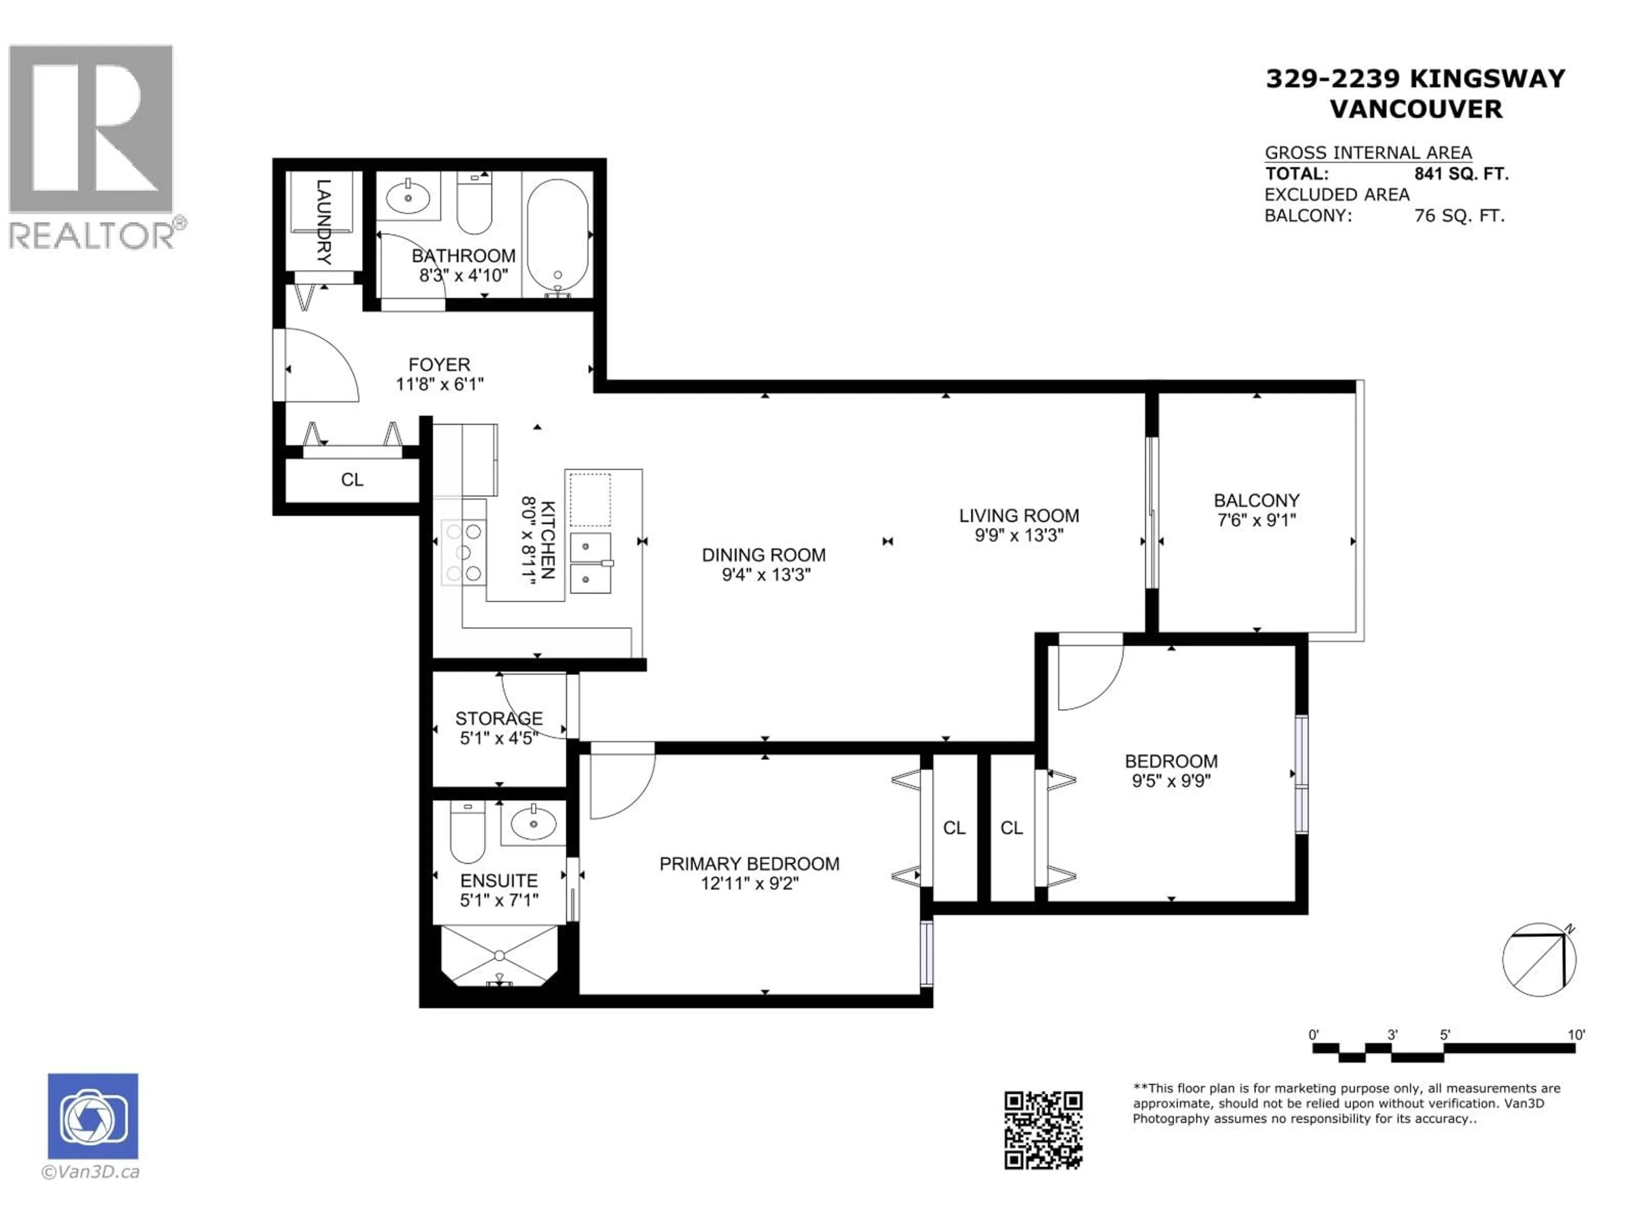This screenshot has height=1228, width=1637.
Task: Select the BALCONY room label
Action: [x=1256, y=501]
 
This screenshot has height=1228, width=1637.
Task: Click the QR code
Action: [x=1043, y=1130]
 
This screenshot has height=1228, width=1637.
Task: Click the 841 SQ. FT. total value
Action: [x=1461, y=174]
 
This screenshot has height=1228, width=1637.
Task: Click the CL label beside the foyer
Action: [x=352, y=480]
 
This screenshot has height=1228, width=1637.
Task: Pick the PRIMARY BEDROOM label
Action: [x=749, y=864]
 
